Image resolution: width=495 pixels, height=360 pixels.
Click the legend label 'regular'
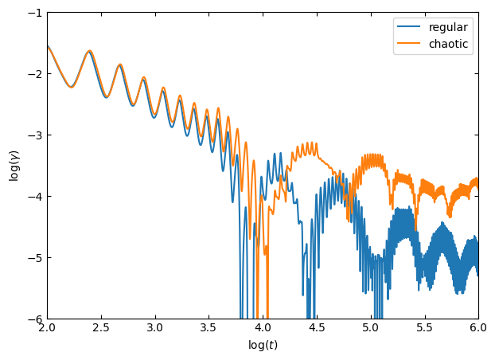448,27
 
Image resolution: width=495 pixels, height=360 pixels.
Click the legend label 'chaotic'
448,44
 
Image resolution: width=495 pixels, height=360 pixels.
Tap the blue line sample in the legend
411,27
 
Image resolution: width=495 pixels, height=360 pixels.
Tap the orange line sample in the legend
411,44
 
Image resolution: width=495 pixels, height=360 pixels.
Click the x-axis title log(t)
263,346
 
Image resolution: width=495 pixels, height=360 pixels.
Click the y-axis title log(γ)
14,166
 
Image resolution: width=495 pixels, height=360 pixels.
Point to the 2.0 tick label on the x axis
47,328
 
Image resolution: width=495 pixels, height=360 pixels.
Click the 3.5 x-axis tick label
209,328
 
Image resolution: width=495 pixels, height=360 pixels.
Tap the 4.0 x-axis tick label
263,328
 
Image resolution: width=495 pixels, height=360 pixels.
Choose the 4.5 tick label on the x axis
317,328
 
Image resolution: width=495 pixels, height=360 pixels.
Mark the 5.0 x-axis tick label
370,328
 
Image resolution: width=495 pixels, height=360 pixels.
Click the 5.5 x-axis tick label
424,328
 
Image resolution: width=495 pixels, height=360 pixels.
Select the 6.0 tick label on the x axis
478,328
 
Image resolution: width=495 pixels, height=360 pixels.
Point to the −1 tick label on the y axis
33,13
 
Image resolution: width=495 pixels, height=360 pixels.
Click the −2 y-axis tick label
33,74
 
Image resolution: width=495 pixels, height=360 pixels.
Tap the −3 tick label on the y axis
33,135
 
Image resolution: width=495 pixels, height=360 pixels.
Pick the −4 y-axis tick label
33,197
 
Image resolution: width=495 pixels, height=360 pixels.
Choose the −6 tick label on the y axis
33,319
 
